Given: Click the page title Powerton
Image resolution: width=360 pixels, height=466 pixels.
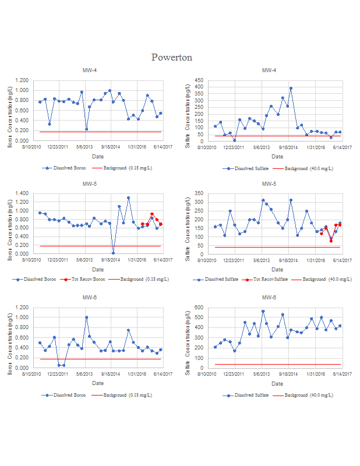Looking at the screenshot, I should pos(172,57).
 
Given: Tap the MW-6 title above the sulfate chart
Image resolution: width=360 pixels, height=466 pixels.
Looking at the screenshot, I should pos(269,298).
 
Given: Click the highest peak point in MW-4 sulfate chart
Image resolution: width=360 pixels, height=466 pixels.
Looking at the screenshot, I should pos(291,89).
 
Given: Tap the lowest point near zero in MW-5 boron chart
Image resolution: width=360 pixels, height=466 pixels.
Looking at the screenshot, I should pos(113,253).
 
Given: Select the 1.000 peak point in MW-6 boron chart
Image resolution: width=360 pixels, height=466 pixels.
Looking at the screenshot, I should pos(87,317).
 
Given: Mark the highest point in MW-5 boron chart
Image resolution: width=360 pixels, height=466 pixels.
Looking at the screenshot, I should pos(128,198).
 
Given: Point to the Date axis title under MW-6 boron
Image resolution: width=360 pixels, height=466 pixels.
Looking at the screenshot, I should pos(97,383).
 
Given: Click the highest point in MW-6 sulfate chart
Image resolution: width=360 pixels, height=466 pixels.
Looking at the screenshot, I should pos(263,311).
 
